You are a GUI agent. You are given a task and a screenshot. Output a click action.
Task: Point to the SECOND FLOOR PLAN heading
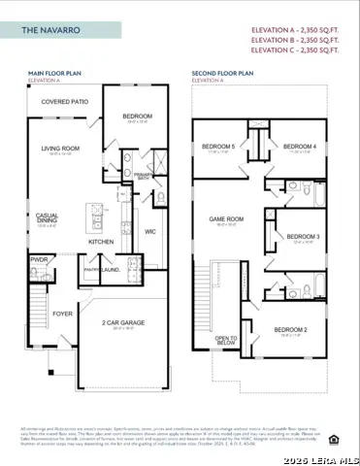point(222,72)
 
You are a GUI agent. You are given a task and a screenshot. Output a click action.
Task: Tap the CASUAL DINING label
point(47,218)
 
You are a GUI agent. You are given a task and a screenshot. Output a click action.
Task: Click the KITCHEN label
point(102,241)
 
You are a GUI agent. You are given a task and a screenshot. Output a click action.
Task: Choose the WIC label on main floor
point(149,231)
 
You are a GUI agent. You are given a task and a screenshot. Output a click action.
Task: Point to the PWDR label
point(40,260)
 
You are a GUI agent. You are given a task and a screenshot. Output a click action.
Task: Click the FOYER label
point(62,314)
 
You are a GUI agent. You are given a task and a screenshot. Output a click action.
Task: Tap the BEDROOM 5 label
point(218,147)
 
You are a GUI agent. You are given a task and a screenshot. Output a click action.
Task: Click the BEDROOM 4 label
point(300,147)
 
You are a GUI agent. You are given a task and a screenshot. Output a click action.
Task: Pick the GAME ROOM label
point(226,219)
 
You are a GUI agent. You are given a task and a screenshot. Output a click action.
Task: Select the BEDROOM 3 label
point(304,236)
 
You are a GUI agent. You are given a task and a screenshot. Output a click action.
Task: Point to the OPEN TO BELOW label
point(225,340)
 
